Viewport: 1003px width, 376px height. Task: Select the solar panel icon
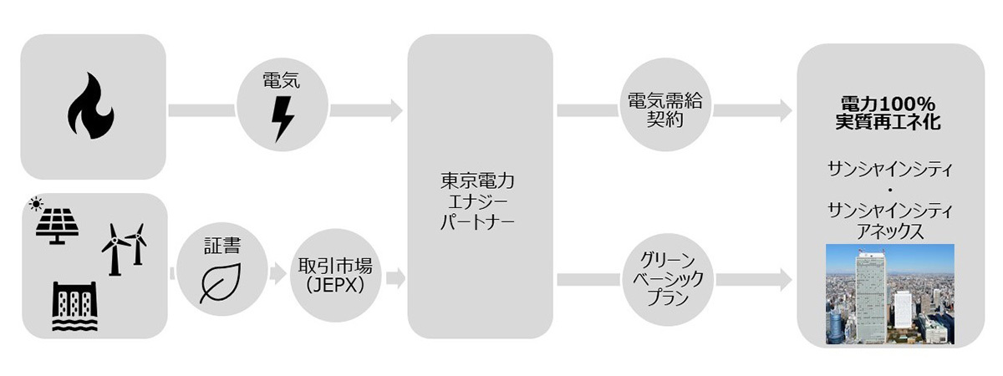point(57,226)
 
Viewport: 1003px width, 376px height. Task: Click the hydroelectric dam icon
point(74,306)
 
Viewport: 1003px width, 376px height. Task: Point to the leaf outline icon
point(221,283)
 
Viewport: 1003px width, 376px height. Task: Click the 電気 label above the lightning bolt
point(281,81)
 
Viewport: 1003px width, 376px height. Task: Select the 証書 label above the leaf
point(222,246)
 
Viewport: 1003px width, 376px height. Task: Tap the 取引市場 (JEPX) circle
point(335,275)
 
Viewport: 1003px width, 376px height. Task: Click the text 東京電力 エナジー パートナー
point(477,201)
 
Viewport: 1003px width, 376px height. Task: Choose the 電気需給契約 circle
point(665,104)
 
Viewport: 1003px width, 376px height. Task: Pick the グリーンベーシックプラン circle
point(668,279)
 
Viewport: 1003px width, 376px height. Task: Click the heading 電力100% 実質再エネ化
point(888,113)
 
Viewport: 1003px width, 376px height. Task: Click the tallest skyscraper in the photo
point(870,297)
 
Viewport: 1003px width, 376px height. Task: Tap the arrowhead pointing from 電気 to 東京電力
point(397,110)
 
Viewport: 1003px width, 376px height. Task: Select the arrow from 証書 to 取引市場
point(277,273)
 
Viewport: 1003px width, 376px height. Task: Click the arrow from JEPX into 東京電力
point(396,278)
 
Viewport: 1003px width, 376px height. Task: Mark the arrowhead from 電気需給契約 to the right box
point(787,110)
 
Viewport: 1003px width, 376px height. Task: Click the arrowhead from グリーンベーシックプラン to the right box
point(787,280)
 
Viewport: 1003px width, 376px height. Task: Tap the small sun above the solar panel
point(35,204)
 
